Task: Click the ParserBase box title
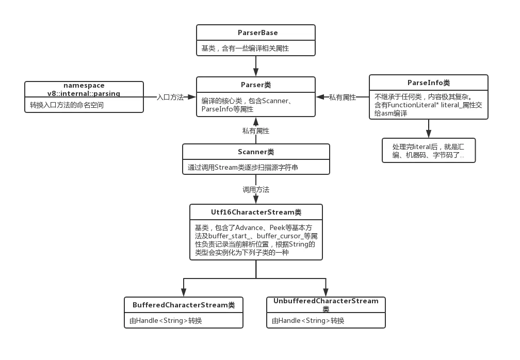[x=257, y=32]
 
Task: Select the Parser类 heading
[x=255, y=85]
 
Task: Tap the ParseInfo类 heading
[x=428, y=83]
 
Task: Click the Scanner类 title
[x=256, y=152]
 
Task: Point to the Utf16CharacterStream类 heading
[x=256, y=212]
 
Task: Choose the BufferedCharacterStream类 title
[x=184, y=305]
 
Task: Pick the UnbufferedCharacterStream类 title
[x=326, y=304]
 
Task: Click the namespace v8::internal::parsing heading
[x=84, y=89]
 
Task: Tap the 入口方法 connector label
[x=170, y=97]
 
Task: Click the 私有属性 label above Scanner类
[x=255, y=130]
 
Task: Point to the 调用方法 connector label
[x=256, y=189]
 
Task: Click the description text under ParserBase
[x=245, y=48]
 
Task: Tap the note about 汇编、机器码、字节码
[x=428, y=150]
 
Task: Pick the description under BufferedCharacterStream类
[x=166, y=320]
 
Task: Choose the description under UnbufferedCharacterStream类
[x=308, y=320]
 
